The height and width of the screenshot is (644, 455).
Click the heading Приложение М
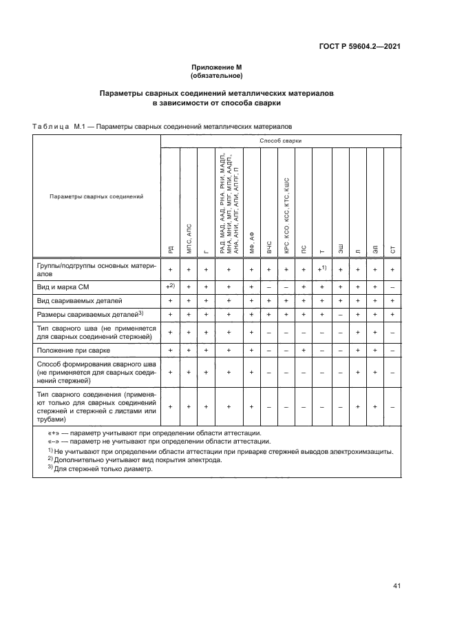pos(217,67)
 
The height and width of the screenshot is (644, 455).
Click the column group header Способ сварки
pos(280,141)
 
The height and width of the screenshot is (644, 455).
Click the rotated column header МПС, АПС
pos(188,238)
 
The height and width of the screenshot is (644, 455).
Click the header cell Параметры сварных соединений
pos(96,196)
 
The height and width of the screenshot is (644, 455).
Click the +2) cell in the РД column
pos(170,285)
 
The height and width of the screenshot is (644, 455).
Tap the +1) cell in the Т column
pos(321,268)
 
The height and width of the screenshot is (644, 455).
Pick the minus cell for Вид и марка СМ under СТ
pos(392,285)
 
